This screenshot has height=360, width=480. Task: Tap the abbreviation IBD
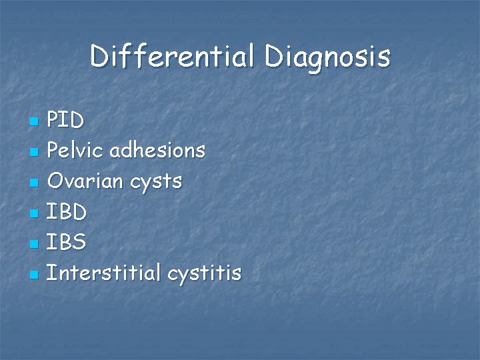click(x=67, y=212)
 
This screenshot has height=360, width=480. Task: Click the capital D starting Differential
click(x=99, y=57)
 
